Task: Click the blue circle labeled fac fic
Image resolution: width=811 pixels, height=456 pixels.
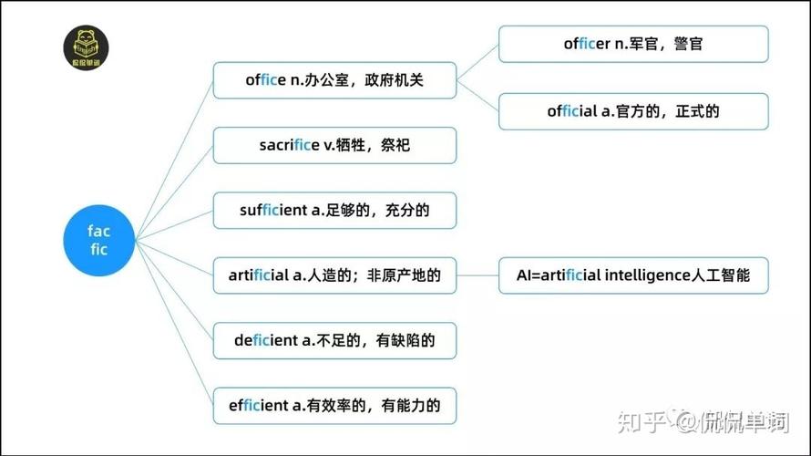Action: pyautogui.click(x=98, y=240)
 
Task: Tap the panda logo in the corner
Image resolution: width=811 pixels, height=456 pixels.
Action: pyautogui.click(x=86, y=47)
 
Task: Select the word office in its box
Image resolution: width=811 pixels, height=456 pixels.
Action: pyautogui.click(x=265, y=80)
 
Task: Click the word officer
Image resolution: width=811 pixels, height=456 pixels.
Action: pyautogui.click(x=587, y=44)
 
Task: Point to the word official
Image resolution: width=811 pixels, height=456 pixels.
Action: pyautogui.click(x=572, y=111)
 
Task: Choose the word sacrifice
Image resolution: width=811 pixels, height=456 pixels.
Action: pyautogui.click(x=289, y=145)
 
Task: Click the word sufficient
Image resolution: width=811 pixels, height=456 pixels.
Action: pyautogui.click(x=273, y=210)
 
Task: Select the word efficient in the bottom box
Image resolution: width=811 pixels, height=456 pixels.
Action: pyautogui.click(x=259, y=405)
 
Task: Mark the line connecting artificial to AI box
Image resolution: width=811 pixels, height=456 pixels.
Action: pyautogui.click(x=477, y=275)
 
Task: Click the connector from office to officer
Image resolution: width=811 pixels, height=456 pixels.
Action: pyautogui.click(x=477, y=62)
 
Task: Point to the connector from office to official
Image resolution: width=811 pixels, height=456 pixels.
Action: pyautogui.click(x=477, y=96)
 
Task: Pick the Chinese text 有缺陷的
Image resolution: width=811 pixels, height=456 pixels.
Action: pyautogui.click(x=405, y=340)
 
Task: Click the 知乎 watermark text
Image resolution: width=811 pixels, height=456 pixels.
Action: pyautogui.click(x=642, y=422)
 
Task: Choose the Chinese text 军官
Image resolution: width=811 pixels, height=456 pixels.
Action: pyautogui.click(x=643, y=44)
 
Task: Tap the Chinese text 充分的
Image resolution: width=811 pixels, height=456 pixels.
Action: pyautogui.click(x=407, y=210)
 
